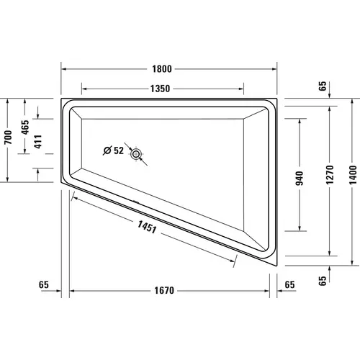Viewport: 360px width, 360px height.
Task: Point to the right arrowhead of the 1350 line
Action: [244, 89]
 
